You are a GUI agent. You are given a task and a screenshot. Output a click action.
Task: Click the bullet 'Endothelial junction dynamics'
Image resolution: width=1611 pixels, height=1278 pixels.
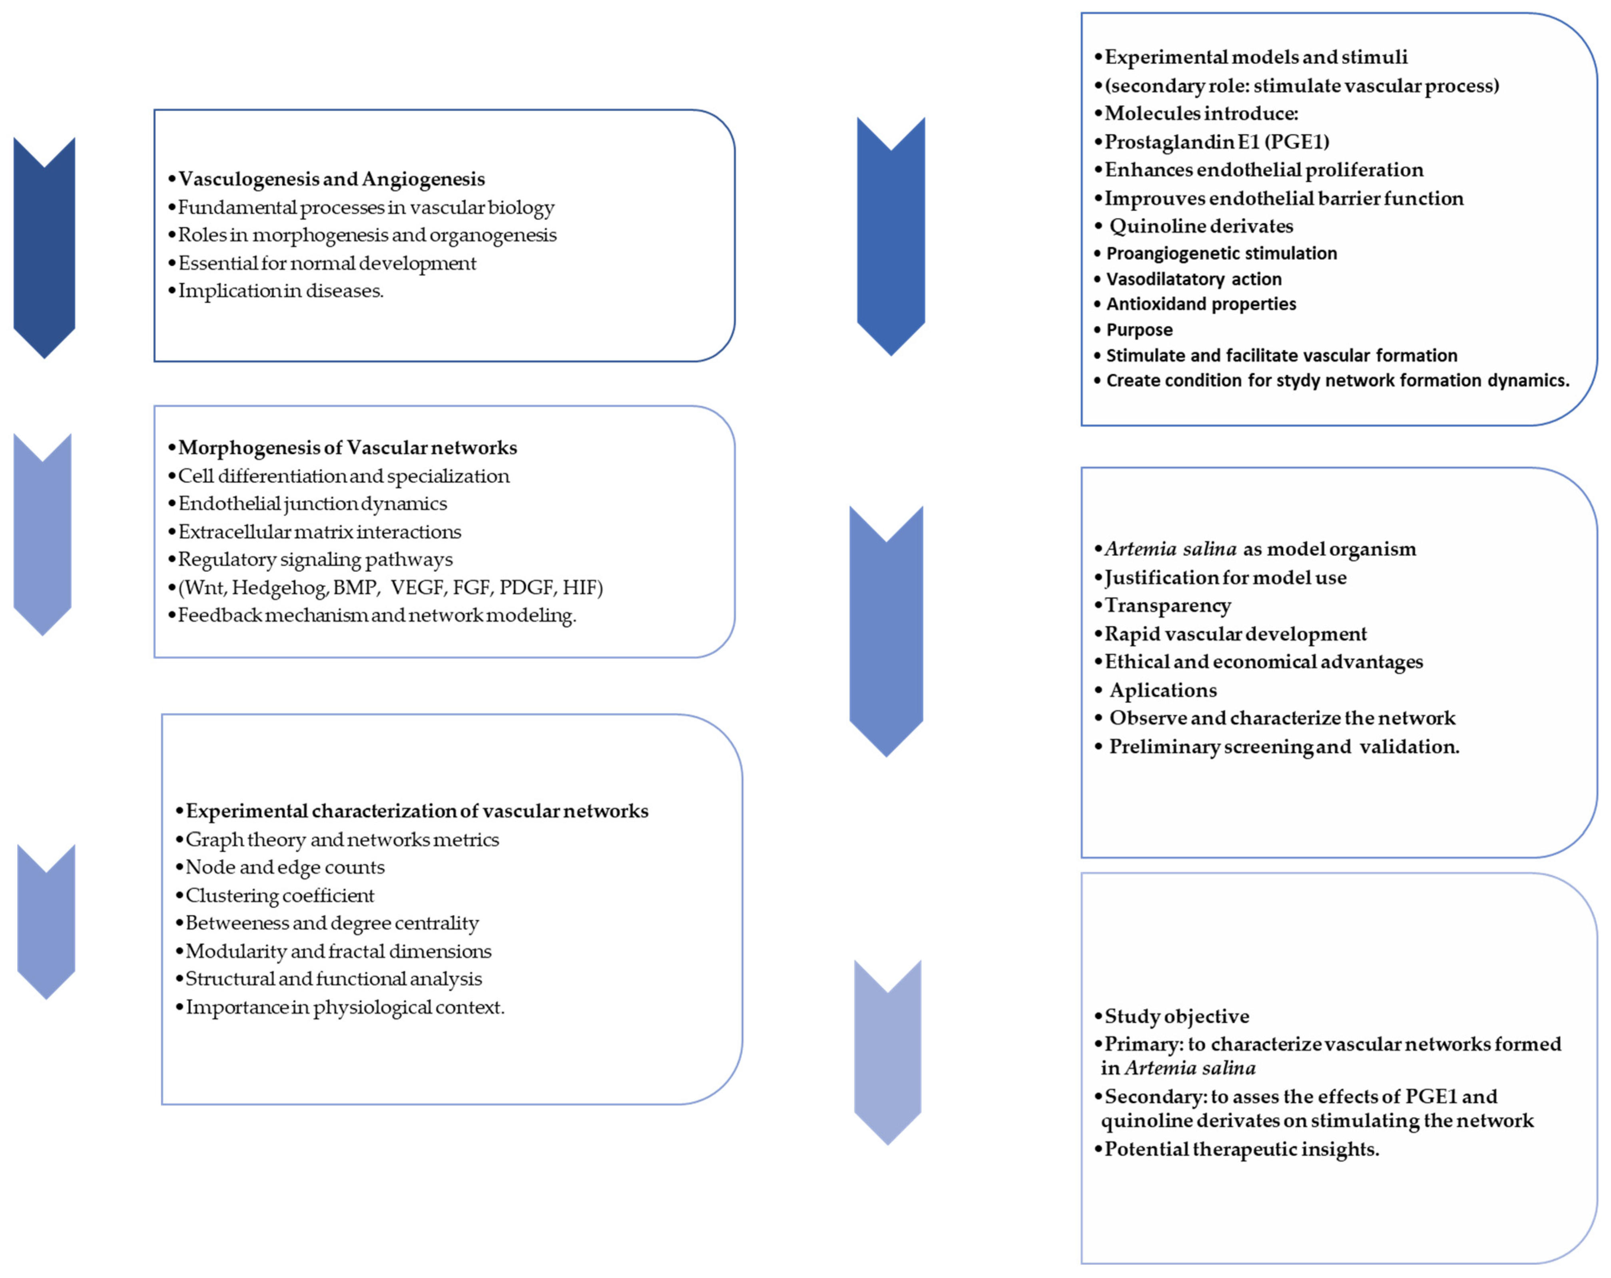[x=312, y=504]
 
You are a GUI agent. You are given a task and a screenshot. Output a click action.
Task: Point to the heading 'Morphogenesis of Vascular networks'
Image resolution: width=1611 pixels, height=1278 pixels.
[x=347, y=448]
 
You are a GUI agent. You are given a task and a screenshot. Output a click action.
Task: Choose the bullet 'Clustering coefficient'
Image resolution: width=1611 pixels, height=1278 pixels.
[x=279, y=895]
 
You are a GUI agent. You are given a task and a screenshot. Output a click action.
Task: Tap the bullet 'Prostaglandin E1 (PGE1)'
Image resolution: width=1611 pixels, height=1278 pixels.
[x=1216, y=142]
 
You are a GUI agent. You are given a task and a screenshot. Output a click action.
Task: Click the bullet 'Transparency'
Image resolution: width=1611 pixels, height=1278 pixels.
[x=1167, y=605]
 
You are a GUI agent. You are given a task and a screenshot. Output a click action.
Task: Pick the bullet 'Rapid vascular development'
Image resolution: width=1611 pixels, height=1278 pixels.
[x=1235, y=634]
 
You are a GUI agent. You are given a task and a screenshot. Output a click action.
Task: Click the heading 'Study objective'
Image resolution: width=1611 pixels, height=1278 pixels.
[x=1176, y=1016]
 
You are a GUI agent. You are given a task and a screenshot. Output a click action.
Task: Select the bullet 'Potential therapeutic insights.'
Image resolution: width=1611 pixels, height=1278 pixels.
[x=1241, y=1150]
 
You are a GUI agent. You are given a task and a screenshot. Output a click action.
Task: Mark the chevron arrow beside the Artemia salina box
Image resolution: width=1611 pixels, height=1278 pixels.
[x=886, y=631]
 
